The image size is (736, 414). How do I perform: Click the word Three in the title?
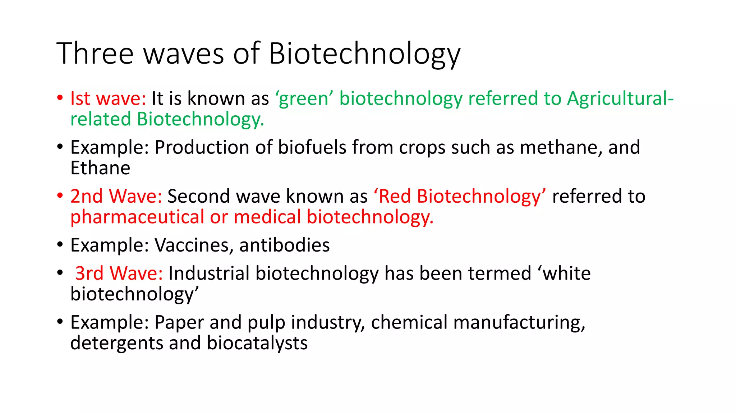[x=95, y=54]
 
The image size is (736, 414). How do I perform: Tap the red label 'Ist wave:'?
[x=108, y=98]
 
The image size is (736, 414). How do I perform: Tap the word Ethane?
[x=100, y=168]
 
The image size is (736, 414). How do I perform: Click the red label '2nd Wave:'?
[x=116, y=196]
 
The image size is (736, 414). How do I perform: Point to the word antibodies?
[x=284, y=245]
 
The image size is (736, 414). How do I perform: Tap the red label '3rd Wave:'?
[x=119, y=273]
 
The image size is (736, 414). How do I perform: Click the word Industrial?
[x=209, y=273]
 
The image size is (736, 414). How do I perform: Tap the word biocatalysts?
[x=257, y=343]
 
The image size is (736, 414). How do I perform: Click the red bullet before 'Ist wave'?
[x=60, y=98]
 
